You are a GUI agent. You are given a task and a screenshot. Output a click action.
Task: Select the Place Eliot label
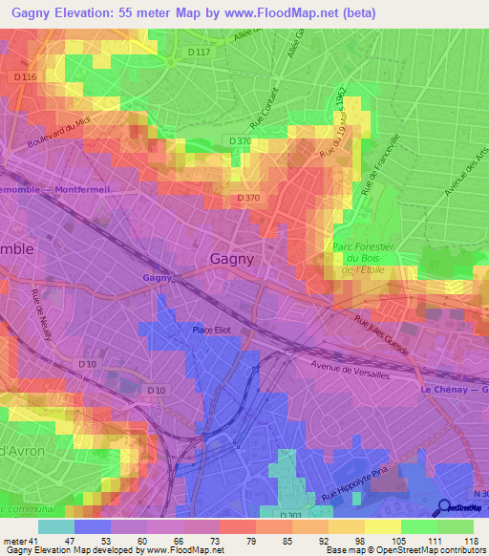(211, 331)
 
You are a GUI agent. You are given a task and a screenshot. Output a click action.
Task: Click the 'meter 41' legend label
(19, 540)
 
